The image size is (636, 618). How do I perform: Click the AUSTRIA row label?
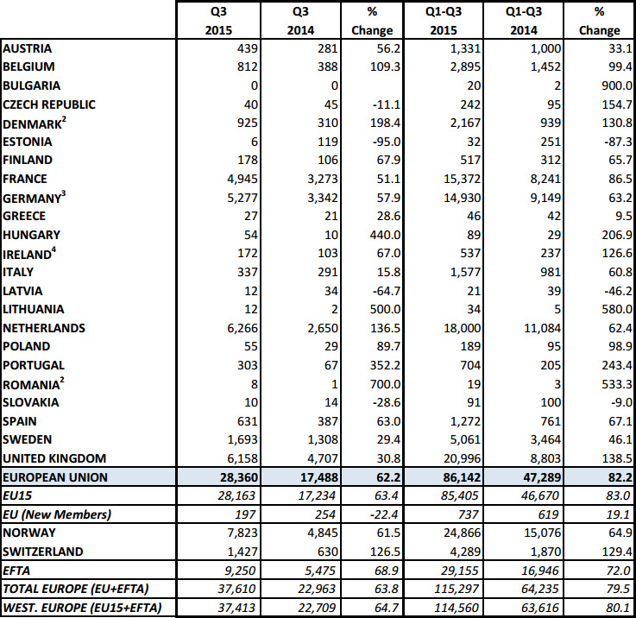pos(27,48)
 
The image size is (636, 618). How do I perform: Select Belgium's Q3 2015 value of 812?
pos(248,66)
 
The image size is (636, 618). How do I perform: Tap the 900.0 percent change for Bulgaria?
pos(617,85)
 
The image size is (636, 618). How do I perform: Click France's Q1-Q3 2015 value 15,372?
pos(462,179)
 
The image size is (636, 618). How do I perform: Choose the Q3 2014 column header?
pos(300,21)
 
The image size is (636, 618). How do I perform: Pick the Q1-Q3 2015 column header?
pos(444,21)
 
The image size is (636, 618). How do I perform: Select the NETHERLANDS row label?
pos(44,328)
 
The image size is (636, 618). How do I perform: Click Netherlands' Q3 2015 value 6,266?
pos(242,328)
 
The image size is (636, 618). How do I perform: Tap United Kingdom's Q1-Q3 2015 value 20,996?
pos(462,458)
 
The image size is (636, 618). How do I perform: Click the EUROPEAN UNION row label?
pos(55,477)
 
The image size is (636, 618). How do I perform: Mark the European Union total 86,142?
pos(462,477)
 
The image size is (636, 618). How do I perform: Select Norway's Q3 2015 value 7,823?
pos(242,533)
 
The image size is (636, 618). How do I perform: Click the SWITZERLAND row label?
pos(42,552)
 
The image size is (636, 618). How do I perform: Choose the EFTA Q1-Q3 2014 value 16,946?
pos(540,571)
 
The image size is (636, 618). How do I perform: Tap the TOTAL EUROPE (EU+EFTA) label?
pos(76,589)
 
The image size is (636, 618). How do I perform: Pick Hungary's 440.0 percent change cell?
pos(386,235)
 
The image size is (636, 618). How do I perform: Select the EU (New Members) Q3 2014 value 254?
pos(324,514)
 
